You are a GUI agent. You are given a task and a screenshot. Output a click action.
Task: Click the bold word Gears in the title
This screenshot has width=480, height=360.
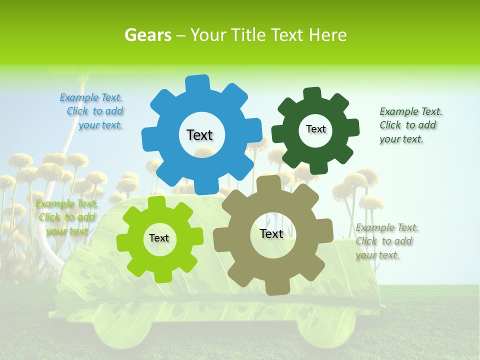click(147, 35)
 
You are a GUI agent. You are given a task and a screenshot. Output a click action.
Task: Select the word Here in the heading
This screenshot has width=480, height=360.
click(327, 35)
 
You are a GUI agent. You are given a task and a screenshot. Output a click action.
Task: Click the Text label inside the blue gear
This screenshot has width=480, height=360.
click(199, 135)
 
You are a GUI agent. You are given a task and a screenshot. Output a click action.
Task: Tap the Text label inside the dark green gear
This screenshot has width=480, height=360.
click(315, 129)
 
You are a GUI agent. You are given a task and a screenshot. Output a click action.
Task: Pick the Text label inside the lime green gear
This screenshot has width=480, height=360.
click(159, 238)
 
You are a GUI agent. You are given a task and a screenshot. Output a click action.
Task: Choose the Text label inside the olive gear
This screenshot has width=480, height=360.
click(271, 233)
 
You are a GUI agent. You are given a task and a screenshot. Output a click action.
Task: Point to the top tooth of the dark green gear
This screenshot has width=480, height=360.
click(312, 94)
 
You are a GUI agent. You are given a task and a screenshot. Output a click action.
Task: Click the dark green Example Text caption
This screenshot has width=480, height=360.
click(410, 125)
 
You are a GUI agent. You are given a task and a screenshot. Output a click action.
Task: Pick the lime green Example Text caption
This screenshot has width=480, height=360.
click(66, 217)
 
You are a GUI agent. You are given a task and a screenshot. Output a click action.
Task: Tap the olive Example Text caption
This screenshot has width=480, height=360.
click(387, 241)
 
